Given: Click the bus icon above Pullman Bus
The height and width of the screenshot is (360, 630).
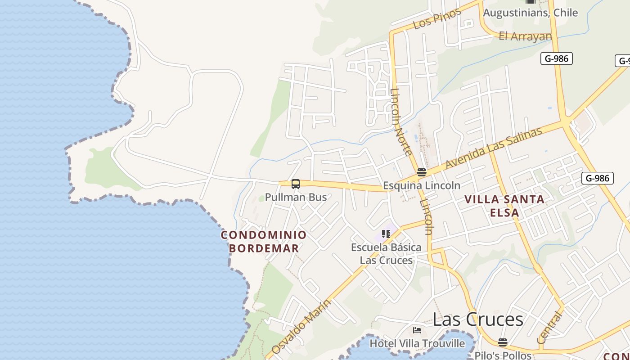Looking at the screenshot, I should click(296, 184).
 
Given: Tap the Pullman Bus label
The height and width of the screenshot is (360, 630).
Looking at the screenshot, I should click(296, 197).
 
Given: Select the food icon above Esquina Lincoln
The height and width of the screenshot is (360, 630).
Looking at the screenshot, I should click(422, 172).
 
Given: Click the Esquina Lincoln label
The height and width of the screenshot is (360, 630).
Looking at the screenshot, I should click(422, 185).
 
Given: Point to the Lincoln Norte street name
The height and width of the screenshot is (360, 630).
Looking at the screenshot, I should click(401, 122).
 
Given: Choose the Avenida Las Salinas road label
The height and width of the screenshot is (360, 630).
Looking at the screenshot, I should click(494, 148).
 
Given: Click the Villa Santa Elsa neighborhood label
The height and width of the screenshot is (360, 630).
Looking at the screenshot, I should click(504, 206).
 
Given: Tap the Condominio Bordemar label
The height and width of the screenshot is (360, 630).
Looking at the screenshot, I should click(264, 242).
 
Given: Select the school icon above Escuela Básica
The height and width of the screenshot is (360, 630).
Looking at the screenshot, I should click(386, 234).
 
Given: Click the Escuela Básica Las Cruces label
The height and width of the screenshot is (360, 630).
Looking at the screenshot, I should click(386, 254).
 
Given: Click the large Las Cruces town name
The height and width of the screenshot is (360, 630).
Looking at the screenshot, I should click(478, 319).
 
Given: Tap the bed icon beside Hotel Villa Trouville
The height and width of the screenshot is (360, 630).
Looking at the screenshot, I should click(417, 331).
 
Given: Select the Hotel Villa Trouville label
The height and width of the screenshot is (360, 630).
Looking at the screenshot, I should click(417, 344).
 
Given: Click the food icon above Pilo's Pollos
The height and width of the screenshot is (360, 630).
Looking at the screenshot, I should click(503, 342).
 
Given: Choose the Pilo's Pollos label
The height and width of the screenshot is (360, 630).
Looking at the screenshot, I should click(503, 355).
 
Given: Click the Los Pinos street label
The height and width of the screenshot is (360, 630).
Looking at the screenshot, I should click(437, 18).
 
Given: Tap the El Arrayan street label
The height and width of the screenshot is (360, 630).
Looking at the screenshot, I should click(525, 36).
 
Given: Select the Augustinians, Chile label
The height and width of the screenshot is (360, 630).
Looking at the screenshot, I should click(530, 13).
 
